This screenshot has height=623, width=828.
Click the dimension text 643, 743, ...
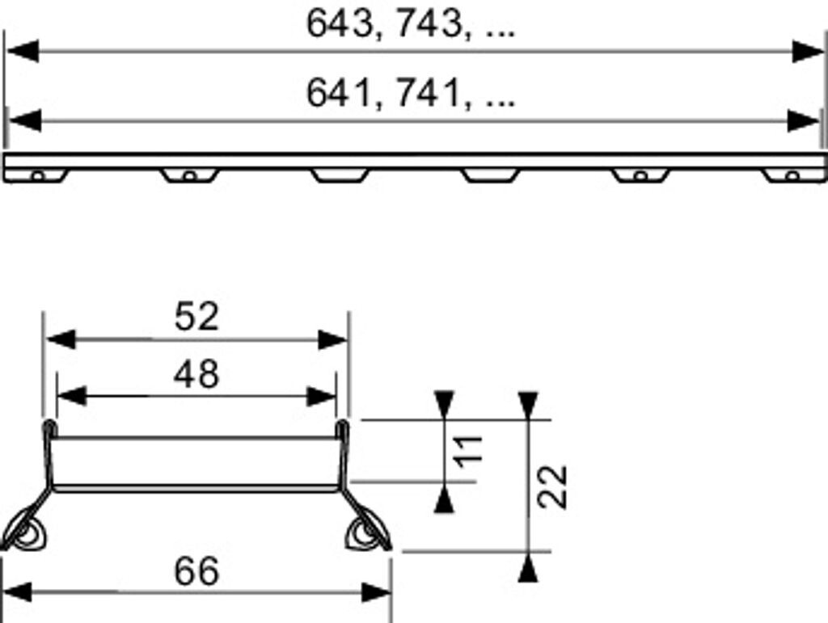(x=411, y=25)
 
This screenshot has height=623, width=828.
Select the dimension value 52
(x=196, y=317)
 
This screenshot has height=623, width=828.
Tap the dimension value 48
(x=196, y=373)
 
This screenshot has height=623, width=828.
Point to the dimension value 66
(x=196, y=572)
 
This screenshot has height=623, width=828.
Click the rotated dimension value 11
(x=470, y=449)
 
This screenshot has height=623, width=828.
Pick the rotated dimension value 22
(x=553, y=486)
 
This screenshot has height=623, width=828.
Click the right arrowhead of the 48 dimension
(x=321, y=396)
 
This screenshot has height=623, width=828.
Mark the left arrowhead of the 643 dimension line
(x=22, y=52)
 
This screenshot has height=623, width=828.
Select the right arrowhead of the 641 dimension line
(x=804, y=122)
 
